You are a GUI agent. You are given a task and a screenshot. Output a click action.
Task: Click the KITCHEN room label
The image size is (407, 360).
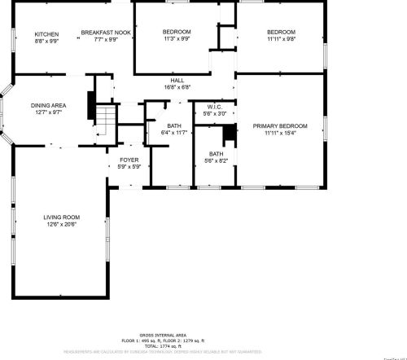tap(41, 33)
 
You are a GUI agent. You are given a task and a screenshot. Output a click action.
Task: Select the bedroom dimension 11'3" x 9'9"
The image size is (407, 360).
tap(177, 38)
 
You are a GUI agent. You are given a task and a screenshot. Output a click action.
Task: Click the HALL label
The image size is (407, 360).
tap(177, 80)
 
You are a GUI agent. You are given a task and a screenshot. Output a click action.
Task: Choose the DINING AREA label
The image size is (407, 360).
tap(48, 105)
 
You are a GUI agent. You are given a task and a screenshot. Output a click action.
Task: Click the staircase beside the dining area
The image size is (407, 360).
tap(103, 120)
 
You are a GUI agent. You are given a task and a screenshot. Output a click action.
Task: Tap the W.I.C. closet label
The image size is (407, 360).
tap(215, 107)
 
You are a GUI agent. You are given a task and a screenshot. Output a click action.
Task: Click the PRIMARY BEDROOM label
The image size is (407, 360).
tap(280, 126)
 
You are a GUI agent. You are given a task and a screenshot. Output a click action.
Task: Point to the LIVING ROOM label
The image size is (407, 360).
tap(61, 217)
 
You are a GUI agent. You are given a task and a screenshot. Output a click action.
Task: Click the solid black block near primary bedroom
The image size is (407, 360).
tap(230, 132)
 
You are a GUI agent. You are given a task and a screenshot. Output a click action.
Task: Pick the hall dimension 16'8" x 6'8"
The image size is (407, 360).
tap(177, 86)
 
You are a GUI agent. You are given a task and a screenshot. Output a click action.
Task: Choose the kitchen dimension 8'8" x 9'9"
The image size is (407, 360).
tap(41, 40)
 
